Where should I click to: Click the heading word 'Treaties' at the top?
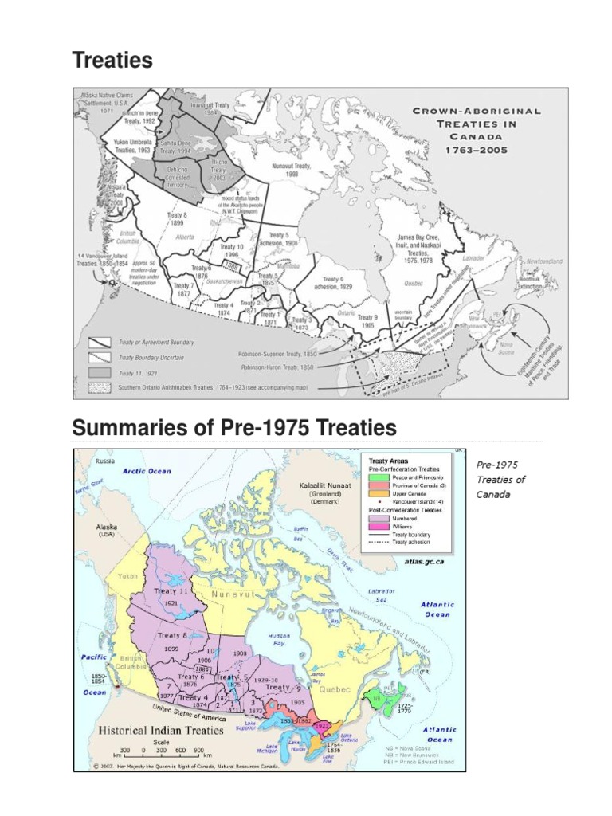(112, 60)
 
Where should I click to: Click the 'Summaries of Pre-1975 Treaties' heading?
(233, 428)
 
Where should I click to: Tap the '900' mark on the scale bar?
(198, 750)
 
